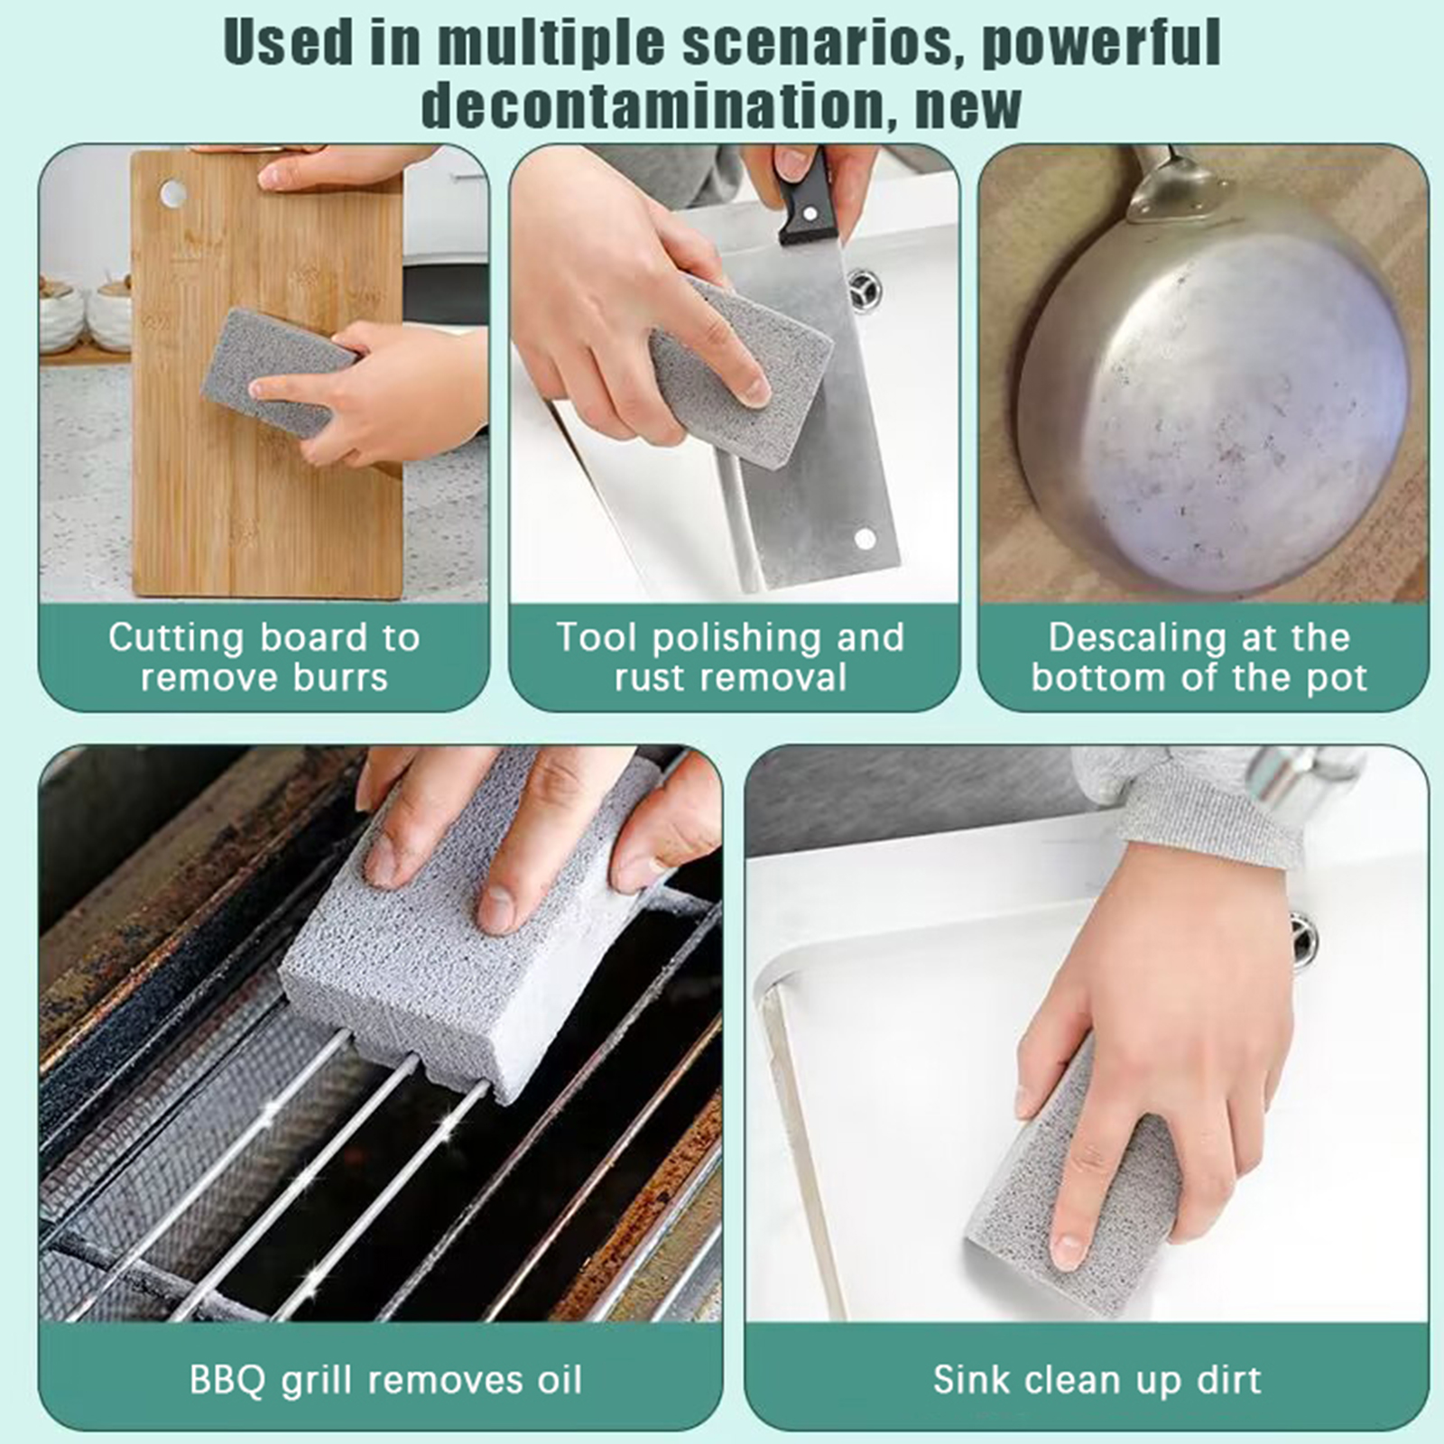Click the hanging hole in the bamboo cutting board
click(172, 192)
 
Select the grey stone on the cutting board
click(278, 370)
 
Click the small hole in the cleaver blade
click(865, 539)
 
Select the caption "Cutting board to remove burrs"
click(264, 657)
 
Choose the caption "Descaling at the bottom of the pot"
click(1199, 657)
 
